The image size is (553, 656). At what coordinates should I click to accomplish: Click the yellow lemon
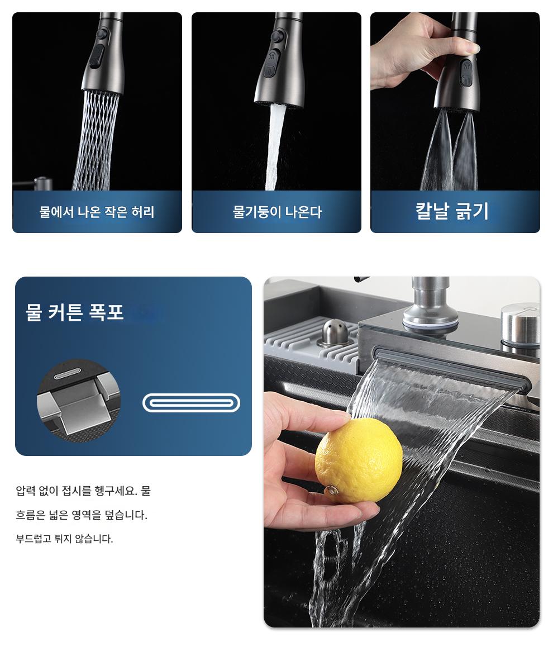pyautogui.click(x=359, y=460)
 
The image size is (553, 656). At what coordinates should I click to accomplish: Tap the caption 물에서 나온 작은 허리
pyautogui.click(x=97, y=212)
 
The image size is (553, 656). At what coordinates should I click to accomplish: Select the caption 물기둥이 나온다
pyautogui.click(x=277, y=212)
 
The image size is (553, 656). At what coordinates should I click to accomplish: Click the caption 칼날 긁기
pyautogui.click(x=452, y=211)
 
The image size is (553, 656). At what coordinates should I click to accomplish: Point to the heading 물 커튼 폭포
pyautogui.click(x=74, y=312)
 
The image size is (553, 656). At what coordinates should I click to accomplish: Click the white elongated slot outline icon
pyautogui.click(x=191, y=403)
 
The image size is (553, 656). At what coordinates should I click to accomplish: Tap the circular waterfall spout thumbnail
pyautogui.click(x=79, y=401)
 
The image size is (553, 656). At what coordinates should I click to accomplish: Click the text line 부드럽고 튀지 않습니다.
pyautogui.click(x=64, y=539)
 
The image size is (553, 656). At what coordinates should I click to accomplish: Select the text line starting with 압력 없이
pyautogui.click(x=83, y=491)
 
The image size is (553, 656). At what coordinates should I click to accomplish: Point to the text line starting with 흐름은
pyautogui.click(x=82, y=515)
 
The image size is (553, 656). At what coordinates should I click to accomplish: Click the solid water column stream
pyautogui.click(x=275, y=146)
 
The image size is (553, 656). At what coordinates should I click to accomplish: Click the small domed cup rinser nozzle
pyautogui.click(x=334, y=332)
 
